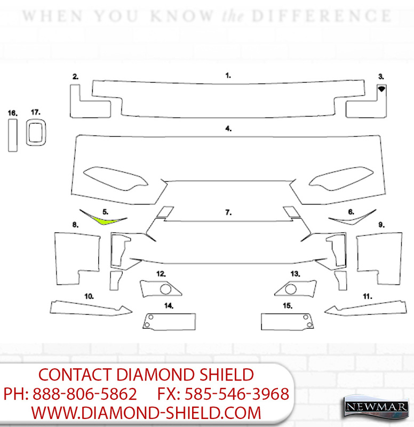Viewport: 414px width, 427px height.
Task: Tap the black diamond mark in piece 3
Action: pyautogui.click(x=381, y=89)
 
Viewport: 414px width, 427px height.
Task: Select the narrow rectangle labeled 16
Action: pyautogui.click(x=13, y=135)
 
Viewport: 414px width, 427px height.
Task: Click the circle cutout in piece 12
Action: pyautogui.click(x=165, y=289)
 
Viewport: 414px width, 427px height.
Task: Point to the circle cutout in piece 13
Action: pyautogui.click(x=291, y=289)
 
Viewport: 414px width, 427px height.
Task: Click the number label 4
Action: pyautogui.click(x=228, y=129)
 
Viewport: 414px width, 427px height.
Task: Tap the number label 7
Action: pyautogui.click(x=228, y=212)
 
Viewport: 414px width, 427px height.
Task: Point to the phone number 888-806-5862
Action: pyautogui.click(x=85, y=394)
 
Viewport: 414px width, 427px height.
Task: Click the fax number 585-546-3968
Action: pyautogui.click(x=236, y=394)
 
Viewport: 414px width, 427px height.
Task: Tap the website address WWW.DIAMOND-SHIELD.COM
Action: pyautogui.click(x=146, y=413)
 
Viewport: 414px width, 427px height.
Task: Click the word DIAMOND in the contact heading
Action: pyautogui.click(x=155, y=375)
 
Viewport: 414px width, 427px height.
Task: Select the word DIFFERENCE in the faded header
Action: pyautogui.click(x=322, y=16)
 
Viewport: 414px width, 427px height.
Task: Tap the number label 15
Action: pyautogui.click(x=288, y=306)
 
